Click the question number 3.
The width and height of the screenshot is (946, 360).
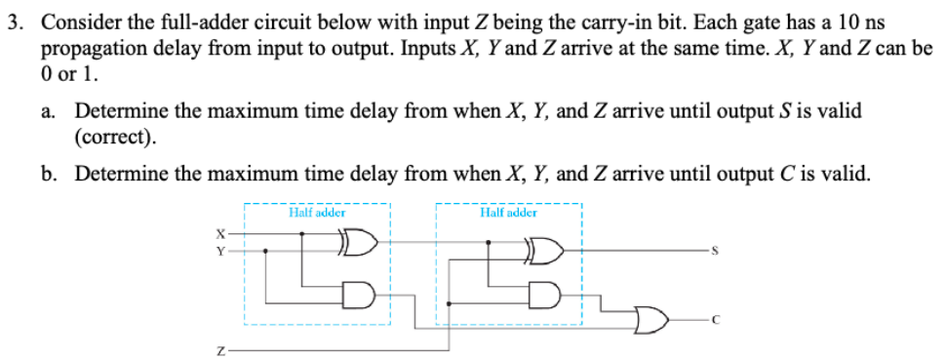[13, 21]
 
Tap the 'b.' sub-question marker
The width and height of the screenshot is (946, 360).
[47, 174]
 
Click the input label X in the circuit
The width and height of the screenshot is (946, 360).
[220, 234]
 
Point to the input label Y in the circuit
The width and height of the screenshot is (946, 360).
[220, 251]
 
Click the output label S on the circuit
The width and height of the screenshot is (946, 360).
[716, 252]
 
